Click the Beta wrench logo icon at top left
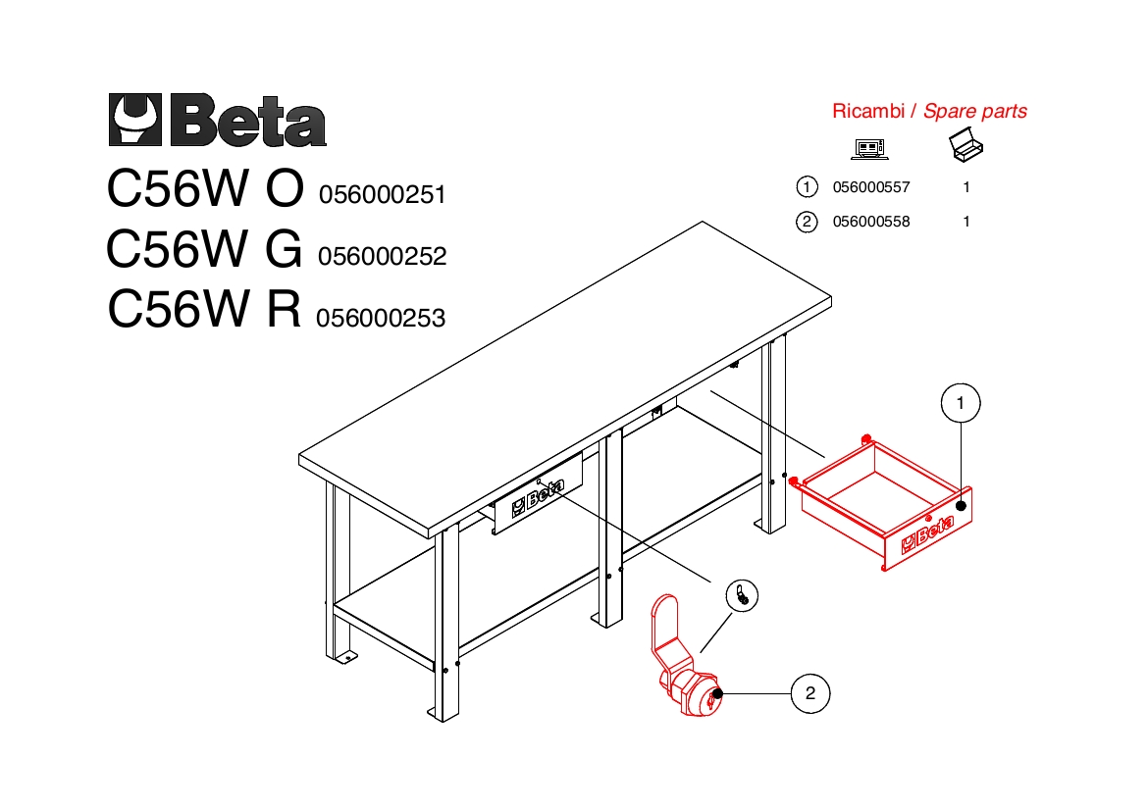click(x=134, y=120)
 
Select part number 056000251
click(x=383, y=194)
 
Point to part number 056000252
click(x=383, y=256)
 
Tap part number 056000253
click(x=381, y=319)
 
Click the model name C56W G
click(x=204, y=249)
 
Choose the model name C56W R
click(x=204, y=309)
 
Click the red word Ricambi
click(x=868, y=111)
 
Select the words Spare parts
click(x=975, y=111)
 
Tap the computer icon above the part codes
click(x=869, y=149)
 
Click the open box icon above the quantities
click(x=966, y=145)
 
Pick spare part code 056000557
click(x=871, y=187)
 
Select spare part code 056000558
click(x=871, y=222)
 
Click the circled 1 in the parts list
click(x=807, y=187)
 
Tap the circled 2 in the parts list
click(x=807, y=222)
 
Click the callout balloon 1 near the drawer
click(x=961, y=403)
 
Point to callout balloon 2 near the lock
click(x=810, y=693)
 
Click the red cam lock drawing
click(x=685, y=659)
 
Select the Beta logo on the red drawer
click(x=927, y=533)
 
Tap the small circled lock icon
click(x=743, y=595)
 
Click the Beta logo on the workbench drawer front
click(x=538, y=497)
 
